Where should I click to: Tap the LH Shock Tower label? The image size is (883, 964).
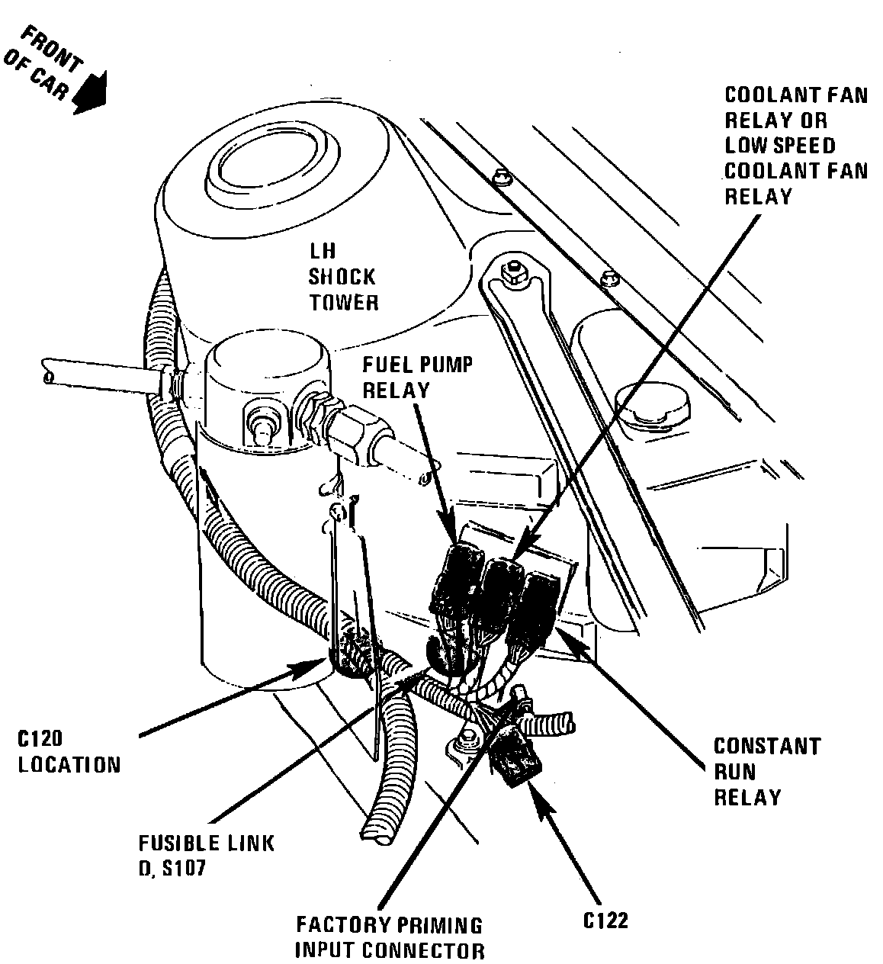pos(342,276)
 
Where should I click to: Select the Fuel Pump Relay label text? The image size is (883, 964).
pos(417,377)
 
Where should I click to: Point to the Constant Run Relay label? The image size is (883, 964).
pos(766,771)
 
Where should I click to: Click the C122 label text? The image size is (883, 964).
pos(605,921)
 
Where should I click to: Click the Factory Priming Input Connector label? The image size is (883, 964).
pos(389,937)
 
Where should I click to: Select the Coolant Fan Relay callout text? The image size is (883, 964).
pos(795,146)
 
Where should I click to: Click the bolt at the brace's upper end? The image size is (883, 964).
pos(512,271)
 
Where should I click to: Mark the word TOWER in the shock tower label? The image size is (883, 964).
pos(343,302)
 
